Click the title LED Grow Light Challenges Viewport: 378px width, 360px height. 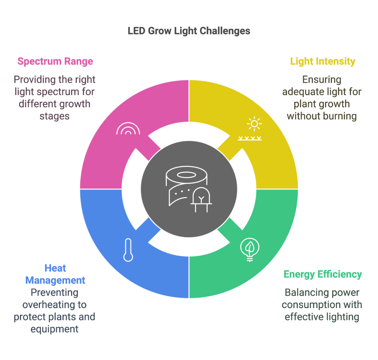click(189, 31)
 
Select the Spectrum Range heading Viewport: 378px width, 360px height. click(55, 61)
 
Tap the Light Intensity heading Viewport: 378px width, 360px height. click(322, 61)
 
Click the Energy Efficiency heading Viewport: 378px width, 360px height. click(322, 274)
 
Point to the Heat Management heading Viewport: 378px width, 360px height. click(55, 274)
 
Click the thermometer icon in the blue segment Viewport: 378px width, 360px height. click(128, 250)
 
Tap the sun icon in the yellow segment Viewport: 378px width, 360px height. click(254, 124)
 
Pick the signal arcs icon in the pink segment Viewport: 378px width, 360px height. click(128, 129)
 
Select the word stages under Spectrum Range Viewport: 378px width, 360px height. click(55, 116)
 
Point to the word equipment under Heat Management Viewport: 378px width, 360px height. click(55, 329)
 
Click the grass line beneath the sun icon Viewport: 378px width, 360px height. click(250, 138)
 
